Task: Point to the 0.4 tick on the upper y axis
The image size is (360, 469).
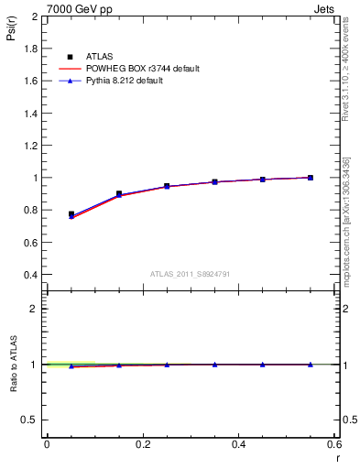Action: coord(31,275)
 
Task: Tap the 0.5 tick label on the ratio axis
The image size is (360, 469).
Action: coord(29,420)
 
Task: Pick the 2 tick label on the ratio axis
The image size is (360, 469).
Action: coord(35,309)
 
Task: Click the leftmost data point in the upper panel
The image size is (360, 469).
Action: coord(71,214)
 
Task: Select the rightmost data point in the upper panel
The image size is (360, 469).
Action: coord(311,178)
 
